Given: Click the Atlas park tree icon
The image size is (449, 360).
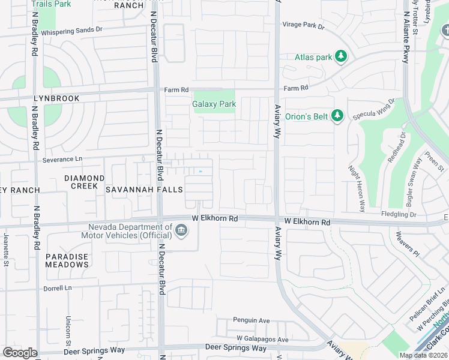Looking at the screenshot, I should pyautogui.click(x=341, y=57).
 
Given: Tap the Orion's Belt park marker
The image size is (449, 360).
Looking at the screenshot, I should pyautogui.click(x=337, y=116).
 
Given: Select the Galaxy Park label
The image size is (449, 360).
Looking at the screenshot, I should pyautogui.click(x=214, y=104).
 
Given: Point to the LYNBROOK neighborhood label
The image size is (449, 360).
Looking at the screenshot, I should pyautogui.click(x=32, y=98).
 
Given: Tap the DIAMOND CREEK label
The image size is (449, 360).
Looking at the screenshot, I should pyautogui.click(x=85, y=182).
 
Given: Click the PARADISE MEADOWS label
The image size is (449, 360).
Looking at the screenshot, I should pyautogui.click(x=67, y=260).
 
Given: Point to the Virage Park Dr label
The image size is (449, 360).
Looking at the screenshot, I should pyautogui.click(x=303, y=26).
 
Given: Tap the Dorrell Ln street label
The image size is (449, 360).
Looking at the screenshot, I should pyautogui.click(x=57, y=288).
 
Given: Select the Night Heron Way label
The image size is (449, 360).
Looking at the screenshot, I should pyautogui.click(x=356, y=188).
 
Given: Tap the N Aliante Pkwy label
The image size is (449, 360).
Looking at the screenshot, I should pyautogui.click(x=406, y=37).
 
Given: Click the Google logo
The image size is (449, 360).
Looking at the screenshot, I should pyautogui.click(x=20, y=353).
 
